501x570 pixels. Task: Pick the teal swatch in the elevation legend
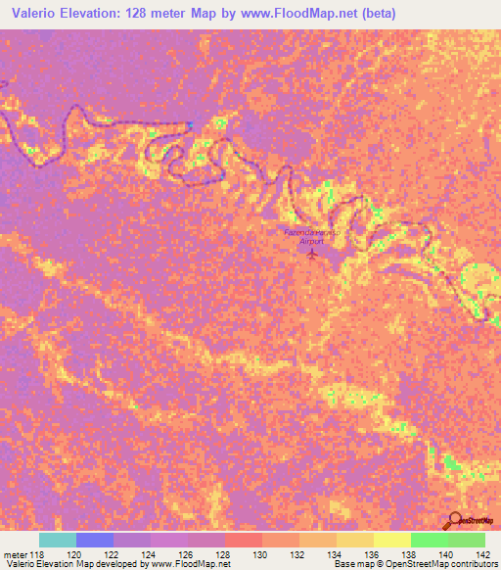click(x=58, y=540)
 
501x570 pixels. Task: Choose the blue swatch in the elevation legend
click(x=95, y=540)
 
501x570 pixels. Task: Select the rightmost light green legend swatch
click(x=467, y=540)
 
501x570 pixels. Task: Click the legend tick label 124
click(x=151, y=555)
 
